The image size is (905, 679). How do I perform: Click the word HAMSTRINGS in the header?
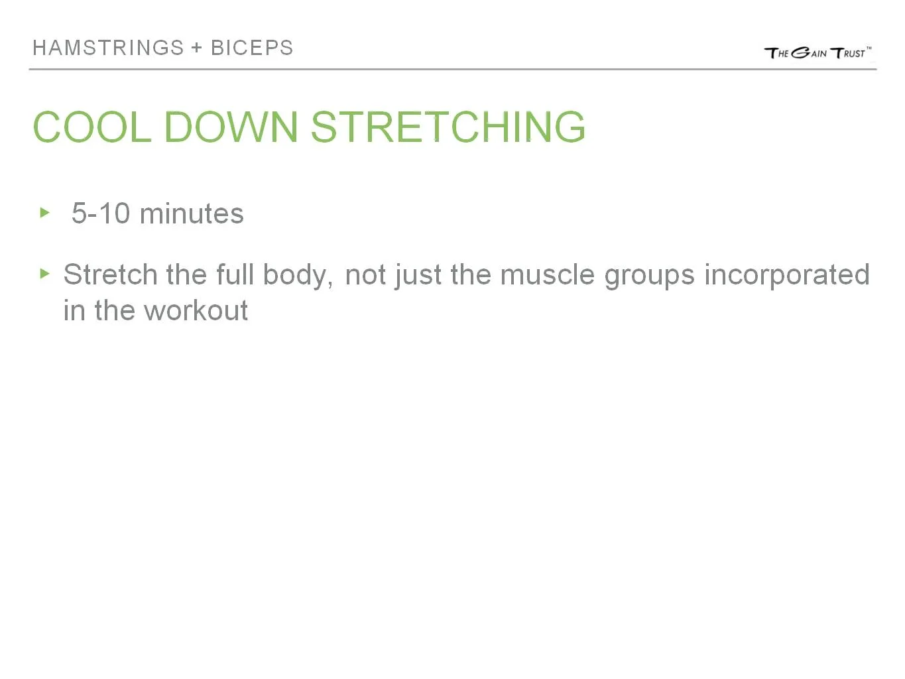coord(108,48)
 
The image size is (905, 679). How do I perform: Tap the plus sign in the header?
coord(197,48)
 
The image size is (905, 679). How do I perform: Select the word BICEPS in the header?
coord(252,48)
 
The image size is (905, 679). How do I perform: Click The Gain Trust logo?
coord(817,53)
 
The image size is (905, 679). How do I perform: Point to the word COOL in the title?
coord(91,127)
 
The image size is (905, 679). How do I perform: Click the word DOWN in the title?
coord(231,127)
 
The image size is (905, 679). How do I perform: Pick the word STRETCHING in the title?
coord(448,127)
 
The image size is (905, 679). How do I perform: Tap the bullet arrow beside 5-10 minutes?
coord(45,213)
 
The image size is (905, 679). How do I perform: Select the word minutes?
coord(192,214)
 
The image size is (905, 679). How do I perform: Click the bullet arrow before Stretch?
coord(45,273)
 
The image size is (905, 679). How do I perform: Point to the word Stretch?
coord(110,275)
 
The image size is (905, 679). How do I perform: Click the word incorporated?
coord(786,275)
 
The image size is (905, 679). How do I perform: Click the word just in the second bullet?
coord(418,275)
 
